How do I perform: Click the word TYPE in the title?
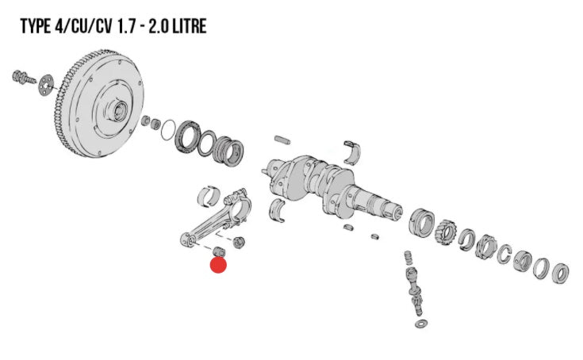(x=36, y=26)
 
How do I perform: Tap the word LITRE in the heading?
(x=190, y=26)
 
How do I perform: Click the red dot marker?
(x=218, y=265)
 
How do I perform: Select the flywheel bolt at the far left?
(x=23, y=77)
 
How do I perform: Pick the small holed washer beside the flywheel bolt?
(x=46, y=84)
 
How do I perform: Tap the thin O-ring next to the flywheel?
(x=168, y=130)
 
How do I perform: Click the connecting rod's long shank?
(x=210, y=221)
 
